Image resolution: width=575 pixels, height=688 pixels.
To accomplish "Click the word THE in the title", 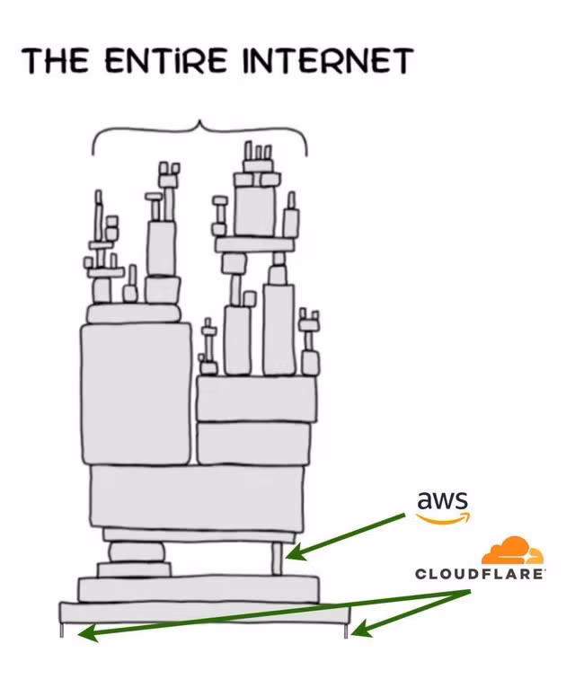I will point(57,62).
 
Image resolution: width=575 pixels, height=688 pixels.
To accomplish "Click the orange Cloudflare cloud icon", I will point(512,550).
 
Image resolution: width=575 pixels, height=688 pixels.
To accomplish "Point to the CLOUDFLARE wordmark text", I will point(480,573).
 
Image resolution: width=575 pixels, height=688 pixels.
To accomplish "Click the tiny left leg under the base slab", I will point(62,631).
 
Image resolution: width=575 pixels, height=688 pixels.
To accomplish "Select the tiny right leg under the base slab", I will point(346,631).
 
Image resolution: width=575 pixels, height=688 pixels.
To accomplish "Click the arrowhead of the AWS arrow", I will point(290,555).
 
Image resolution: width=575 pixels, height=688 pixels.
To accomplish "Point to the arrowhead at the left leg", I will point(83,634).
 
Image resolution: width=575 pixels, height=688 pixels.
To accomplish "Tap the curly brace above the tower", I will point(199,135).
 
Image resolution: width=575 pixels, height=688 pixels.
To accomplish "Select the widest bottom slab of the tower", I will point(204,613).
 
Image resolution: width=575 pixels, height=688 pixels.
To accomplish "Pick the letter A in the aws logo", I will point(425,501).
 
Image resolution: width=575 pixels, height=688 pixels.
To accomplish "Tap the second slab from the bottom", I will point(198,589).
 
